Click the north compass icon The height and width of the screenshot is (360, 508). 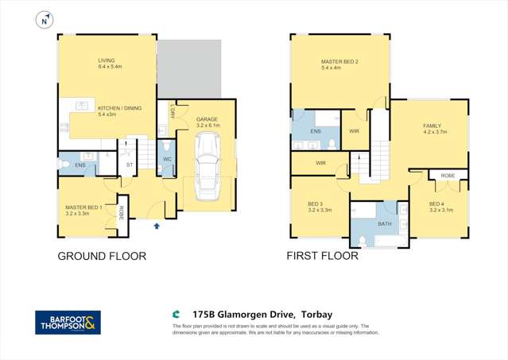[45, 18]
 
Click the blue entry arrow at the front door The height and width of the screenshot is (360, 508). [157, 226]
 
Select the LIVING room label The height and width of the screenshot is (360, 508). [107, 60]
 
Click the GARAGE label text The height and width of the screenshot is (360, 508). [207, 119]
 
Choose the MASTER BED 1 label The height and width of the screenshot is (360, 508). [84, 208]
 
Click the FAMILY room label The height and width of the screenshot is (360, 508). [432, 126]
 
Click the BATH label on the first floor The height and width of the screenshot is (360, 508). [385, 224]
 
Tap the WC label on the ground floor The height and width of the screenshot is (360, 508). [168, 159]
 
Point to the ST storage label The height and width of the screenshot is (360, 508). [129, 165]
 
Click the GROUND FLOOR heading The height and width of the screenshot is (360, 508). [101, 257]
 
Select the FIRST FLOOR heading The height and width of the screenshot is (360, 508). [322, 257]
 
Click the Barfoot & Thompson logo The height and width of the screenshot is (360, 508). [68, 322]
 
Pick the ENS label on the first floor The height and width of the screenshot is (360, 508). [315, 130]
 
